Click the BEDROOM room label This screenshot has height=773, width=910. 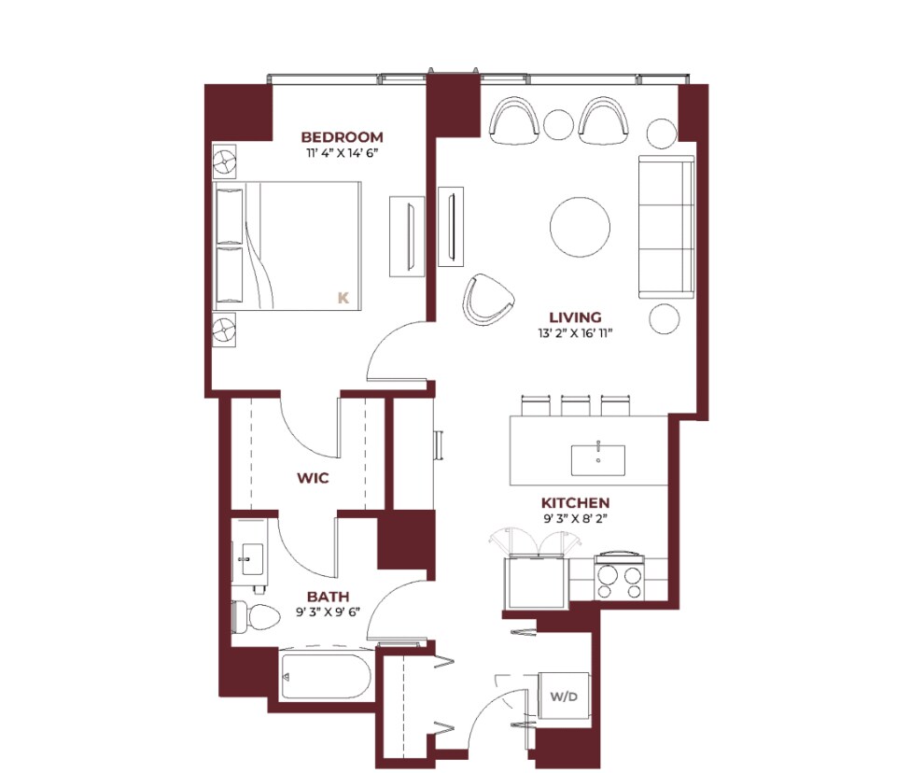[x=342, y=137]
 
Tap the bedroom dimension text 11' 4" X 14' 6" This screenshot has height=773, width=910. [x=343, y=153]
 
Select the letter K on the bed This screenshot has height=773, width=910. [x=343, y=299]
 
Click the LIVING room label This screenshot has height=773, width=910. [x=575, y=317]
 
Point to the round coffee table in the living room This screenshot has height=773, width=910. [x=580, y=227]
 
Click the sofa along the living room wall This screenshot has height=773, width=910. [x=666, y=227]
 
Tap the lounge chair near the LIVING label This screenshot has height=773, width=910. [x=487, y=300]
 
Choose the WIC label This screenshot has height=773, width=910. [x=313, y=478]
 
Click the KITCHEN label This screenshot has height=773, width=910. [x=575, y=503]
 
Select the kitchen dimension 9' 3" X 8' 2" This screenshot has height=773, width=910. [x=575, y=519]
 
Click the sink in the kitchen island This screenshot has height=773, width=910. [x=598, y=460]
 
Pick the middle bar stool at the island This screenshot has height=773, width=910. [x=575, y=405]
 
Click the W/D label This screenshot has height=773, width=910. [x=564, y=696]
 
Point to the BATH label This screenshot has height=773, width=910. [x=328, y=597]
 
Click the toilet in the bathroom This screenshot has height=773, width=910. [x=256, y=617]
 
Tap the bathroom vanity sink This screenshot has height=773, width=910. [x=252, y=559]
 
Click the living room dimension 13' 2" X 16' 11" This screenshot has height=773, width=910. [x=575, y=333]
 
